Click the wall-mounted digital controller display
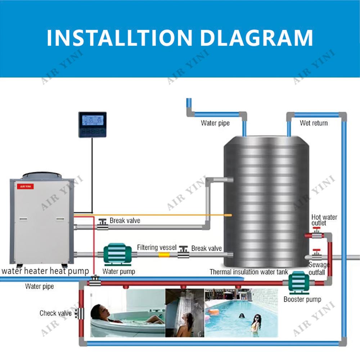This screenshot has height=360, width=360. click(x=93, y=124)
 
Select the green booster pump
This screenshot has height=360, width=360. click(x=298, y=282)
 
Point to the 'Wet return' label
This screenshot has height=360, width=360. click(x=314, y=123)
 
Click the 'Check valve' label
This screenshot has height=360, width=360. click(x=55, y=313)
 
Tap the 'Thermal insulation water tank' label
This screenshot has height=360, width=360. click(x=249, y=272)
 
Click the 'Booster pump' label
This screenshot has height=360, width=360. click(x=302, y=299)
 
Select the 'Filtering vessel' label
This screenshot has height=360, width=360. click(x=157, y=247)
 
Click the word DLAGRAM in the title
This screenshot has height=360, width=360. click(x=256, y=38)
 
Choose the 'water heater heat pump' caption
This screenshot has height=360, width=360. click(x=45, y=271)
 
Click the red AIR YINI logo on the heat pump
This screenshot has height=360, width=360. click(x=26, y=186)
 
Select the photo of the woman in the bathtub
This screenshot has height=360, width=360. click(x=127, y=313)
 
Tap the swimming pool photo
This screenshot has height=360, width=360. click(x=241, y=313)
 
